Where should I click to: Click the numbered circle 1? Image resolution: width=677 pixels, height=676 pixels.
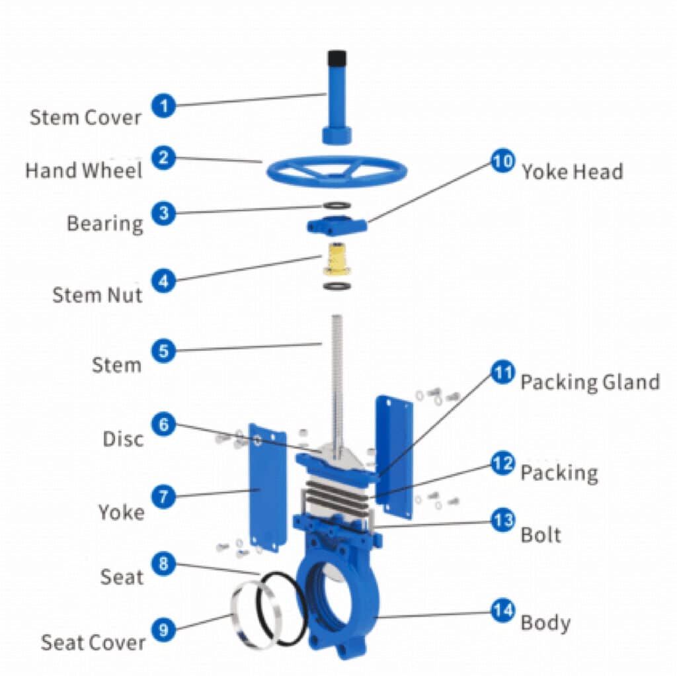coord(163,105)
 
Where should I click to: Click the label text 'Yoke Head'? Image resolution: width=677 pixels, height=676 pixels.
coord(572,172)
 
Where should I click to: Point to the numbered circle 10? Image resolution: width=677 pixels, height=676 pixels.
coord(502,161)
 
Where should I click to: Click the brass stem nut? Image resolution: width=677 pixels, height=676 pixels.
coord(337,259)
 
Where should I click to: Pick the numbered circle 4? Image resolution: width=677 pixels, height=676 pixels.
coord(163,280)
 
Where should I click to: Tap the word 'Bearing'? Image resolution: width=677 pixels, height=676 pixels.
coord(104,223)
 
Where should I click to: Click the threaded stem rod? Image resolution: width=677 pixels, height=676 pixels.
coord(337,370)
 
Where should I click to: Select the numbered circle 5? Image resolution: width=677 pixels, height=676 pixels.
coord(163,351)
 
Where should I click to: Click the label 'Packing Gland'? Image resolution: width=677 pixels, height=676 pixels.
coord(590,382)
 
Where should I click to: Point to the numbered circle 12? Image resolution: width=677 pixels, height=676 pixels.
coord(502,463)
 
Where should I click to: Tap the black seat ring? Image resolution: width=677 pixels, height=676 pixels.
coord(284,609)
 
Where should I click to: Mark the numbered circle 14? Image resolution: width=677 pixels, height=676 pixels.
coord(502,611)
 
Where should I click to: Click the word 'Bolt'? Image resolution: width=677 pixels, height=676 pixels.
coord(541,534)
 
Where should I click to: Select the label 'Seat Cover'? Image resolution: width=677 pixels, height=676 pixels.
coord(93,642)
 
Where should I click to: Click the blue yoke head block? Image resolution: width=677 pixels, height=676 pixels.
coord(337,225)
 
